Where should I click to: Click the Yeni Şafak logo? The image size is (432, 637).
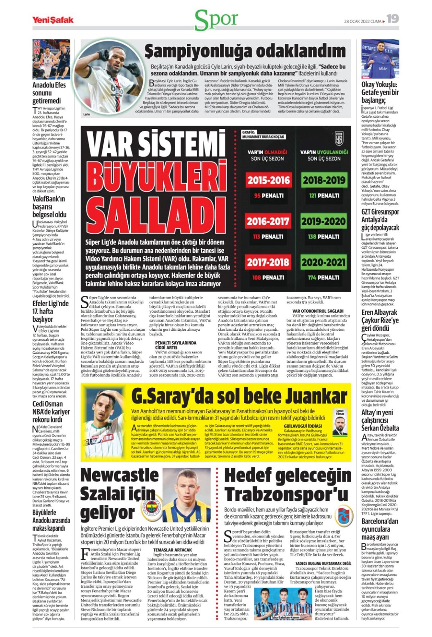point(53,20)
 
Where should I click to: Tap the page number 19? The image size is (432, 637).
point(393,19)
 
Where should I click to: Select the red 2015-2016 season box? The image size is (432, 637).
point(268,180)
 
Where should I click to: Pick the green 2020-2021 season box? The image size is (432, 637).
point(324,262)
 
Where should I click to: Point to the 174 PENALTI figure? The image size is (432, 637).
point(324,277)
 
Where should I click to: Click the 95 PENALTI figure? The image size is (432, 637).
point(268,195)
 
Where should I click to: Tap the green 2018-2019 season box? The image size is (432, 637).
point(324,180)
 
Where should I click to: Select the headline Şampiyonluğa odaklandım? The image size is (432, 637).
point(245,51)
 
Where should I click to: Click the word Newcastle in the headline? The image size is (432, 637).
point(120,475)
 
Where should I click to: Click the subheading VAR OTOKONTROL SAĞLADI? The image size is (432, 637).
point(318,311)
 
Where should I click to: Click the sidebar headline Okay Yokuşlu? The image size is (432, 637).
point(379,85)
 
